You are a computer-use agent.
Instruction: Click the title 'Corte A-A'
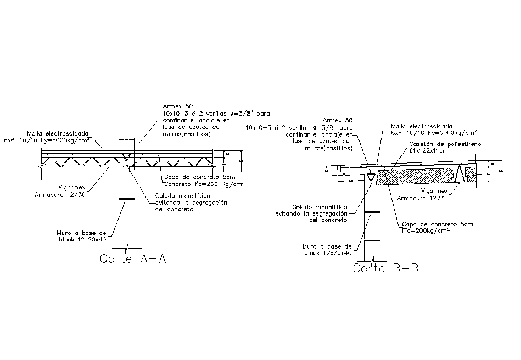point(133,259)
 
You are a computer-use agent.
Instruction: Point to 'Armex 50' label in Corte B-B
point(338,120)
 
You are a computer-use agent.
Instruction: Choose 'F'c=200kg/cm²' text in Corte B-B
point(426,230)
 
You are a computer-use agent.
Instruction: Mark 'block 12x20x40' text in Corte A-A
point(82,239)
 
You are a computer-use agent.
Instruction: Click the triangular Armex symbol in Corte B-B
point(372,177)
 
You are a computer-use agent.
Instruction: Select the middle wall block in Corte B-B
point(372,226)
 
